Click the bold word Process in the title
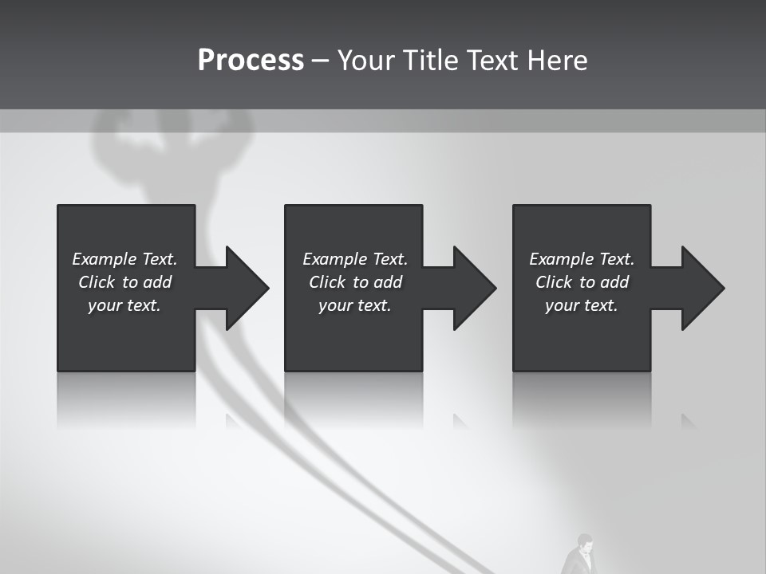(251, 61)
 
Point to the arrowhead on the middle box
(473, 288)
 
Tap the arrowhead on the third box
(701, 288)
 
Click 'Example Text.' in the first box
(124, 259)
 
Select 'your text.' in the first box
(124, 305)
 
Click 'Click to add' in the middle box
(355, 282)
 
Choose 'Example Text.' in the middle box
(355, 259)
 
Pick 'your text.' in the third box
(582, 305)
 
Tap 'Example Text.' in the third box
(582, 259)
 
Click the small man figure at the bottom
(582, 555)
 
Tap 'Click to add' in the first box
(124, 282)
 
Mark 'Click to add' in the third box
(582, 282)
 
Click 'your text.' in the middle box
(355, 305)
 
